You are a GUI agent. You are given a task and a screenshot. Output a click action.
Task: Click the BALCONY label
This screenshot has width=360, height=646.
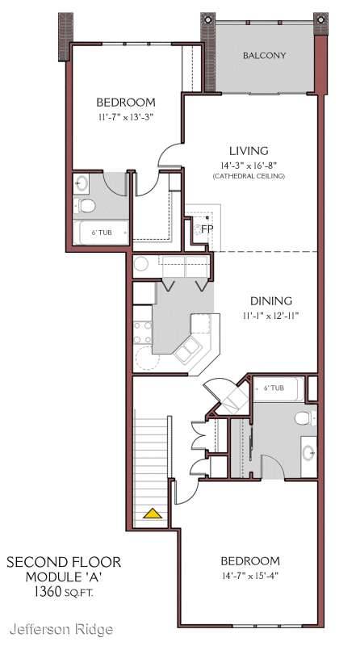pos(264,55)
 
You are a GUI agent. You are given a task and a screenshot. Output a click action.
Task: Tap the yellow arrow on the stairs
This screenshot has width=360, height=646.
pos(153,514)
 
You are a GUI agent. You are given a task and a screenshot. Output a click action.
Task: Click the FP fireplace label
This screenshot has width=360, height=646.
pos(207,229)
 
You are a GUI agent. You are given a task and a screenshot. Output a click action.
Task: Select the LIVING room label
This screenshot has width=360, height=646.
pos(249,151)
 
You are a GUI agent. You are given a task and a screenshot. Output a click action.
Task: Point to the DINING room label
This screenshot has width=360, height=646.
pos(271,300)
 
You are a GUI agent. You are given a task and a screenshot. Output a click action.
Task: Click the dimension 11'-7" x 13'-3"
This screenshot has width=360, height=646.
pos(126,116)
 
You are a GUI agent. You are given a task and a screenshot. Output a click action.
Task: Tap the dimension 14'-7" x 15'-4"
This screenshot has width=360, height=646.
pos(250,576)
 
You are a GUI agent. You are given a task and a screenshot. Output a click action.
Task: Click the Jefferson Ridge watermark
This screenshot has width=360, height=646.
pos(61,629)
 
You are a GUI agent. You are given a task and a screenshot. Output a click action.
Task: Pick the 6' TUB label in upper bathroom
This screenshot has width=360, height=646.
pos(102,233)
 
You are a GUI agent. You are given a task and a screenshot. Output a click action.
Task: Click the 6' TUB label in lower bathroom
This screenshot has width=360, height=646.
pos(274,388)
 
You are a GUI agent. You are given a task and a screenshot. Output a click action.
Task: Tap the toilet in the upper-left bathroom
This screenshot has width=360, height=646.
pos(85,205)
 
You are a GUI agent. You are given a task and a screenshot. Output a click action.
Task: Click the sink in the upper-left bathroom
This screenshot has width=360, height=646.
pos(82,183)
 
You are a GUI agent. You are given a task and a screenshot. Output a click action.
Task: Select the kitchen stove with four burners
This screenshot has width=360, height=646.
pos(143,333)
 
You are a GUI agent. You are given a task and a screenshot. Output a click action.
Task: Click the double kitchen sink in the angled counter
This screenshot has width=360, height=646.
pos(187,350)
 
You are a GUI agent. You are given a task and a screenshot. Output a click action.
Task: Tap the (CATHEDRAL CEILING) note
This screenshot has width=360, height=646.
pos(249,176)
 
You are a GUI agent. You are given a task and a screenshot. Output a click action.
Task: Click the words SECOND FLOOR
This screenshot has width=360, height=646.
pos(64,562)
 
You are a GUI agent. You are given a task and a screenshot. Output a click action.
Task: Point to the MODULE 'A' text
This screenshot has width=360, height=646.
pos(64,577)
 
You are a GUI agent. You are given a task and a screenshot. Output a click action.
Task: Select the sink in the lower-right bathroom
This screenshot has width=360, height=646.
pos(308,453)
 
